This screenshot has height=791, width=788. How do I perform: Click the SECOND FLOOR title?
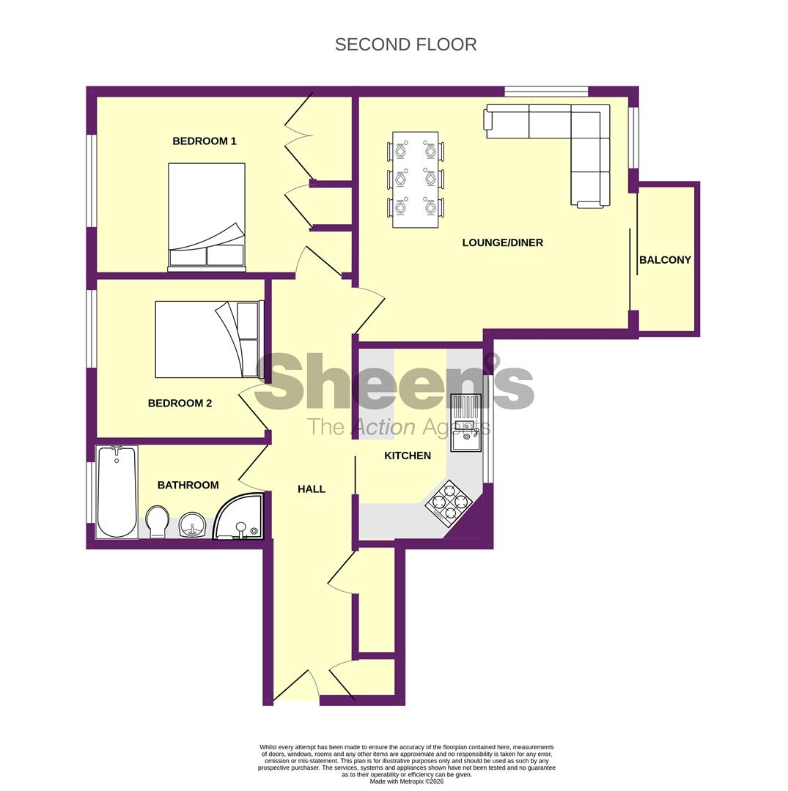click(405, 45)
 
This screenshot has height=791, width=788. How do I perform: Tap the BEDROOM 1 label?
click(204, 141)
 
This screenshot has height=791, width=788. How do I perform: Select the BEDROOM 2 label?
click(180, 403)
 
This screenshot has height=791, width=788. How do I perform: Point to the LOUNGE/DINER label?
click(502, 242)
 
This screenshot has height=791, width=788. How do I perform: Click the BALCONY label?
click(665, 260)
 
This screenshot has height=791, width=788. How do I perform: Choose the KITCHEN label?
click(408, 456)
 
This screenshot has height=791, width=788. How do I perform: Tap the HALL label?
click(311, 489)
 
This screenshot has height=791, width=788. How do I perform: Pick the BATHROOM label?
click(188, 485)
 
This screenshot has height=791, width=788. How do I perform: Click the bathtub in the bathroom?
click(117, 491)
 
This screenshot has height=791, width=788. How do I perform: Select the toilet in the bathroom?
click(157, 521)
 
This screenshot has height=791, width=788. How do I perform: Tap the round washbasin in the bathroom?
click(193, 524)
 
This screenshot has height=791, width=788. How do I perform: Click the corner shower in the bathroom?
click(240, 519)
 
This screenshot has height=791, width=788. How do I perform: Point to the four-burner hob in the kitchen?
click(449, 502)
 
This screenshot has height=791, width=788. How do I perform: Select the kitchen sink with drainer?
click(465, 423)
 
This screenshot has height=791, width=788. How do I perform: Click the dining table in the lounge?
click(415, 179)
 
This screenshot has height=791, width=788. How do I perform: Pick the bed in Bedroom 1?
click(207, 216)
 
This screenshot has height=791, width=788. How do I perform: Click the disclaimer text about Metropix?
click(406, 765)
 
